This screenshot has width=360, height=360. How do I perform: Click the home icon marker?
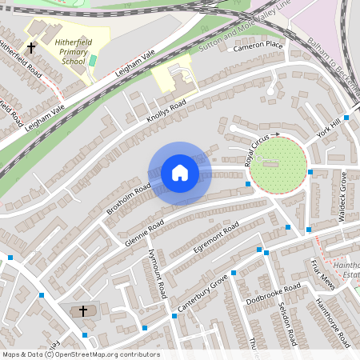(x=180, y=173)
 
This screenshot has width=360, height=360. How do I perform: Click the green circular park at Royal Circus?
(x=278, y=166)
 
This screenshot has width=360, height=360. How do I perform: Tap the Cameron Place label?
(x=258, y=46)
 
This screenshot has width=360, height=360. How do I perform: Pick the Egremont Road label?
(x=210, y=240)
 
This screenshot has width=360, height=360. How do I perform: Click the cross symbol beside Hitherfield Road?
(x=31, y=48)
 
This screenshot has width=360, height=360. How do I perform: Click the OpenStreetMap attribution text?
(x=80, y=354)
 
